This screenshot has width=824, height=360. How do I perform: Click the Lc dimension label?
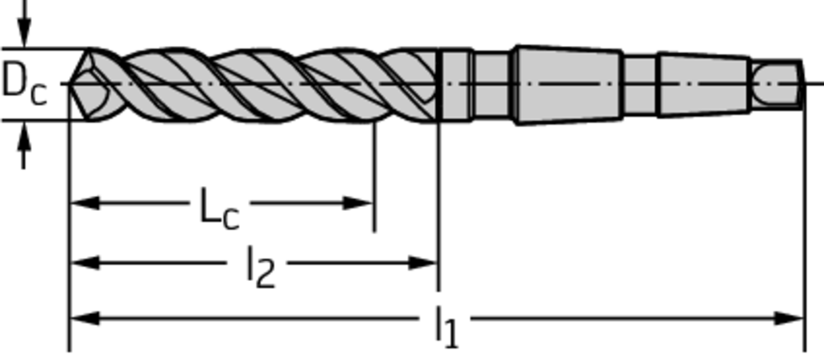click(x=220, y=209)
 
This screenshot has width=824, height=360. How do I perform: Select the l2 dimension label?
click(x=262, y=267)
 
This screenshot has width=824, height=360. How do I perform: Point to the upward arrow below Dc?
click(x=23, y=145)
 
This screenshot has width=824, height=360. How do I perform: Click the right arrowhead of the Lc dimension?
click(x=358, y=203)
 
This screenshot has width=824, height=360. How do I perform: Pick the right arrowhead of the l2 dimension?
click(x=422, y=262)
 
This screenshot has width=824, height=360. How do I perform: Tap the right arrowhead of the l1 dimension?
click(x=789, y=318)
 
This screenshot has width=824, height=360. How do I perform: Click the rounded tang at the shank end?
click(x=777, y=85)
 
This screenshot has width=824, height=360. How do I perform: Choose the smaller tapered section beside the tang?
click(x=704, y=85)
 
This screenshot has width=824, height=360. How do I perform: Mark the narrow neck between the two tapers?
click(x=641, y=85)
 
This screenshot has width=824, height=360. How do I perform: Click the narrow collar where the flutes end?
click(x=455, y=85)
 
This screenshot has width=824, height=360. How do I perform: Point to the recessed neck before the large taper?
click(x=493, y=85)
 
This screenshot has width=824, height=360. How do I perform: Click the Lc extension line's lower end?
click(x=374, y=232)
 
